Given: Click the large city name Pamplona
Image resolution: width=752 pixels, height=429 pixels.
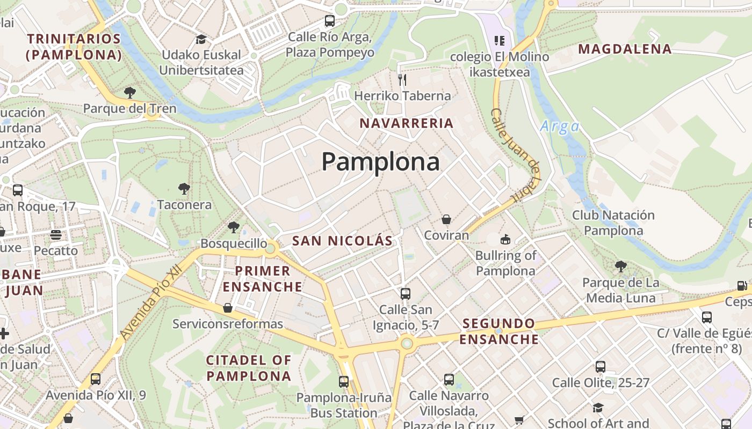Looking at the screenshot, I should point(380,161).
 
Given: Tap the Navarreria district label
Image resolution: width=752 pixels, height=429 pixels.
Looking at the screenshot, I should point(407,123).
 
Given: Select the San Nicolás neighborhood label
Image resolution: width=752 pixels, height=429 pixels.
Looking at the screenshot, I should point(342,241).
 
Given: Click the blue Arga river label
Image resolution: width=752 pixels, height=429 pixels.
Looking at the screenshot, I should point(560,127).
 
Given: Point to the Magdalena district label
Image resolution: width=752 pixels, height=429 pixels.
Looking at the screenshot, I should point(625,49).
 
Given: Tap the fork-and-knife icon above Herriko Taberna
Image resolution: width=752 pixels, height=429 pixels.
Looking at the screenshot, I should point(402,80).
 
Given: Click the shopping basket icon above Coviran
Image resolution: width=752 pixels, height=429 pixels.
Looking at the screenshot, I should point(446,219).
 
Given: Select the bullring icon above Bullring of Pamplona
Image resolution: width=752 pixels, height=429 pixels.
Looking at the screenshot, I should point(505,239).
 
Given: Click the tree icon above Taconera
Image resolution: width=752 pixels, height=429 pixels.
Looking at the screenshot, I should point(184,188).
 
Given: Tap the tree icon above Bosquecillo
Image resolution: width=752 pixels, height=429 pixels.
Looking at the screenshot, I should point(234,227).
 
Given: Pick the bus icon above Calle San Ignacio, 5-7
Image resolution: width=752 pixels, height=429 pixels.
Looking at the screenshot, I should point(406,293).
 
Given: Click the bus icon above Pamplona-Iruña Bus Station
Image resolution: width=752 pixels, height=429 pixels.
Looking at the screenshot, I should point(344,381).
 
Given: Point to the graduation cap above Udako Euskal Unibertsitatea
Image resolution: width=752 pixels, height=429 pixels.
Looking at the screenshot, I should point(201,39).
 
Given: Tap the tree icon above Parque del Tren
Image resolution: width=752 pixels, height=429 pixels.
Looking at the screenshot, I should point(129,92).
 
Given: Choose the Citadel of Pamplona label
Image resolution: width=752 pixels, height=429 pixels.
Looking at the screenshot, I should point(249,368).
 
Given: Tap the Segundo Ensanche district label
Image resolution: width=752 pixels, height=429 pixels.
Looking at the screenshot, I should point(498,331).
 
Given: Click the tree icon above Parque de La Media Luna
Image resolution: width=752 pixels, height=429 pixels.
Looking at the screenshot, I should point(620,266).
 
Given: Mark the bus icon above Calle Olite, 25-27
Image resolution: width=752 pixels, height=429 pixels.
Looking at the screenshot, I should point(601,366).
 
